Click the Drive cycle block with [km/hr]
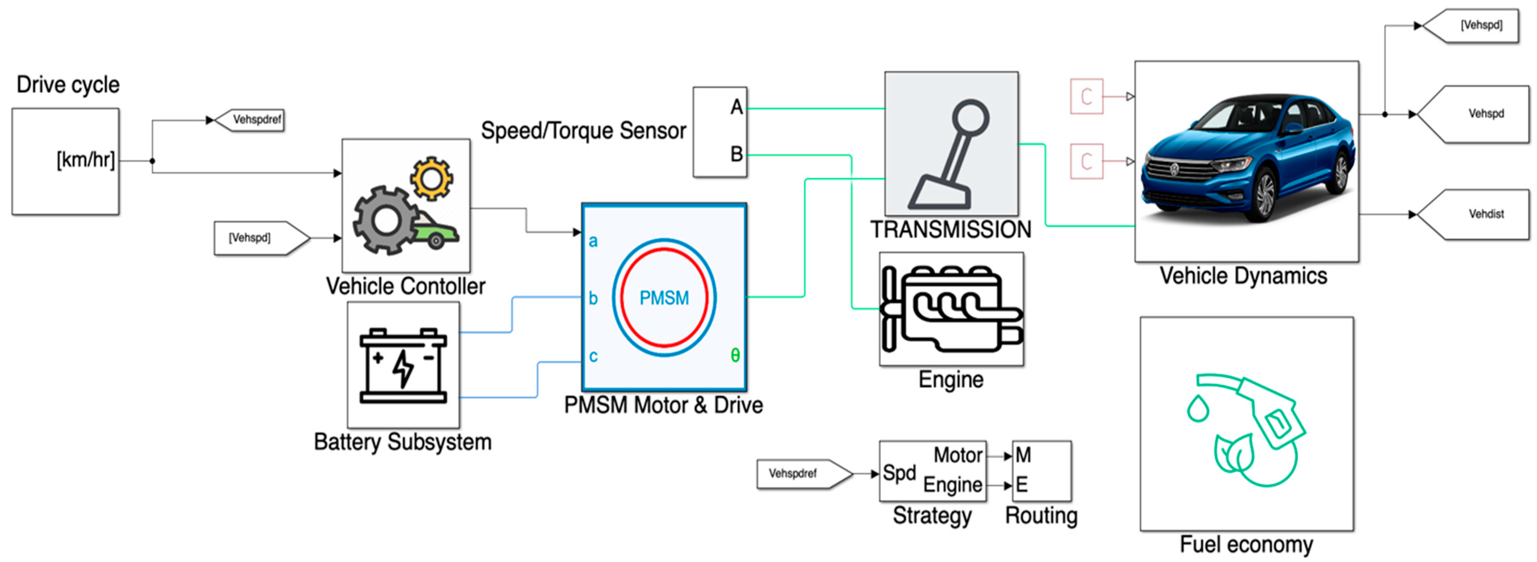click(65, 161)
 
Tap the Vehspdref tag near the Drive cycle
click(251, 120)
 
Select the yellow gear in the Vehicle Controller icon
click(431, 178)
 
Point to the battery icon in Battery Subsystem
click(403, 365)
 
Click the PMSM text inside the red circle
click(664, 298)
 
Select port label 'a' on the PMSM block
click(593, 241)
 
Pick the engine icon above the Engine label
click(951, 309)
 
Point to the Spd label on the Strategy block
click(899, 473)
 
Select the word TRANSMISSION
click(951, 230)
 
